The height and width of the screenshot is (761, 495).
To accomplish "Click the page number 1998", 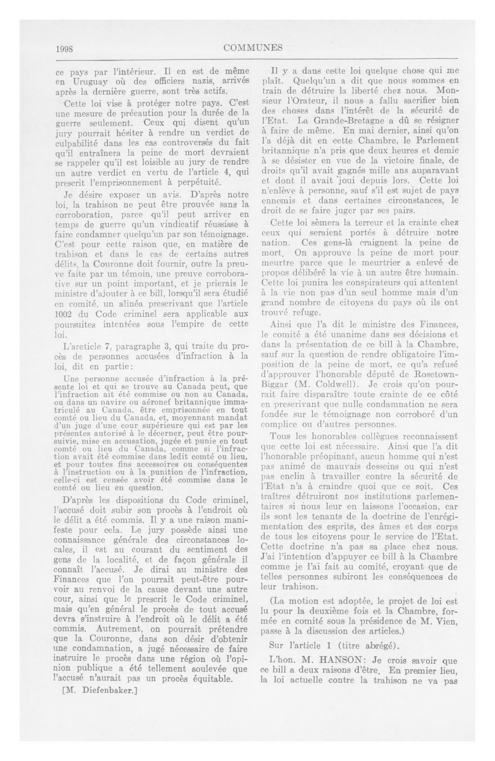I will (65, 49).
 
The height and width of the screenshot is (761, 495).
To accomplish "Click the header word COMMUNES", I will (253, 48).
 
